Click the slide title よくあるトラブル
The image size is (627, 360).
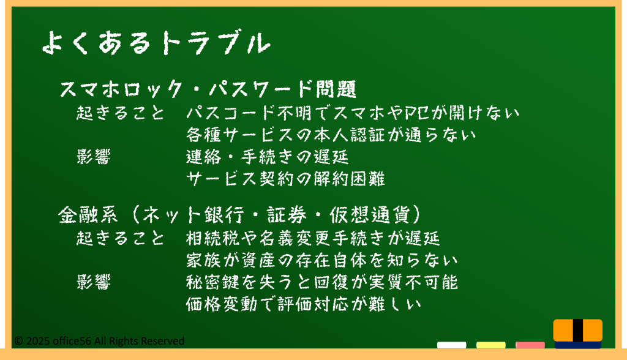[x=156, y=42]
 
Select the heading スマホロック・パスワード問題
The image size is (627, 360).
[x=208, y=89]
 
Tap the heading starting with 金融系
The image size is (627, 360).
[x=240, y=215]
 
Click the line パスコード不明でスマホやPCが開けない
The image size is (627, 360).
[x=353, y=113]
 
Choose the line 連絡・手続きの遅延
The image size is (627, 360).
[x=268, y=157]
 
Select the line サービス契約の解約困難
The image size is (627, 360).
[x=285, y=178]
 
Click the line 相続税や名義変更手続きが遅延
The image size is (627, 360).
[x=313, y=238]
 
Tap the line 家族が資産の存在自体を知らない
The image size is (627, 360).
[x=322, y=260]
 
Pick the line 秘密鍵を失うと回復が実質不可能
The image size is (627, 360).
[x=322, y=282]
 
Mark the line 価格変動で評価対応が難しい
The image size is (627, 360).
[x=304, y=304]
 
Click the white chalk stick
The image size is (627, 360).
[x=451, y=345]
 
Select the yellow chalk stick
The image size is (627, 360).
[x=490, y=345]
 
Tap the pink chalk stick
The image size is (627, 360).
[x=530, y=345]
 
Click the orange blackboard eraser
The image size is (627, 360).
[x=578, y=334]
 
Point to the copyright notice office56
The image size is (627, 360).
[x=99, y=341]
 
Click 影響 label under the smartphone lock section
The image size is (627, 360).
[x=94, y=157]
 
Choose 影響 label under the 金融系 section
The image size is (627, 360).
[x=94, y=282]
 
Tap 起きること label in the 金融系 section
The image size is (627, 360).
[x=121, y=238]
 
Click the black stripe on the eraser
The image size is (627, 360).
[x=578, y=331]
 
